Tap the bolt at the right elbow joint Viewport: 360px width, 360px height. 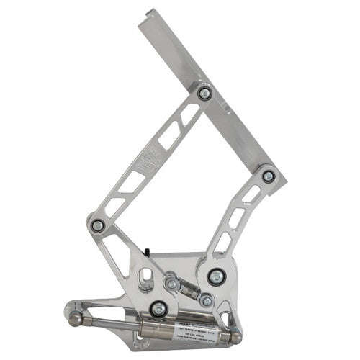coord(268,175)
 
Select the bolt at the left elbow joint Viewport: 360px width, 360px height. coord(98,225)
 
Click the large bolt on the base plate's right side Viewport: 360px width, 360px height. coord(215,276)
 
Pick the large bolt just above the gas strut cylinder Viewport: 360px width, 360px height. coord(159,309)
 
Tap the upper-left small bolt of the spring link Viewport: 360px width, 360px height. coord(172,285)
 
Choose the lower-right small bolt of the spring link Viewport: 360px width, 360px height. coord(207,300)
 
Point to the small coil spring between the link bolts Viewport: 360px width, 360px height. coord(189,292)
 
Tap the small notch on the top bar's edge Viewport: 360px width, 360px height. coord(225,109)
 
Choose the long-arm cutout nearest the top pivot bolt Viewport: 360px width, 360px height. coord(189,115)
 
